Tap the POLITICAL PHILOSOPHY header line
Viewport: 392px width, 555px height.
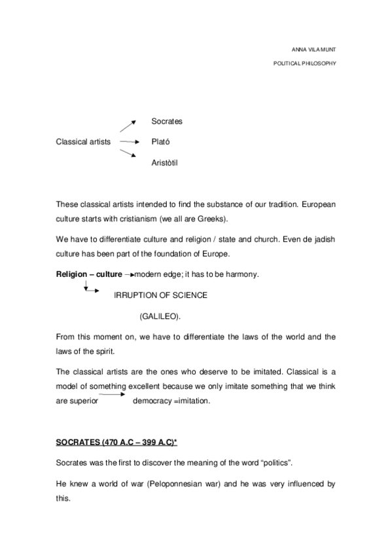[304, 65]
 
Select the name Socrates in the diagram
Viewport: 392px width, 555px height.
[166, 122]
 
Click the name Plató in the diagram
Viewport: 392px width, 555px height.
[160, 141]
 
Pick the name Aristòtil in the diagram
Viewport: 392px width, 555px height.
[164, 161]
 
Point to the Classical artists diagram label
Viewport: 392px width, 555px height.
[83, 141]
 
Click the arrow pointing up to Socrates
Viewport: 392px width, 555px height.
[128, 126]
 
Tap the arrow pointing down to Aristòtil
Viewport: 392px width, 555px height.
[128, 153]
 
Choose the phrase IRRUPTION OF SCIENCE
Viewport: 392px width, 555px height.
[160, 295]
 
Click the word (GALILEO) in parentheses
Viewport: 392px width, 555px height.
[160, 316]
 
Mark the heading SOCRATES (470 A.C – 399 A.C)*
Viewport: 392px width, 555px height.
[116, 443]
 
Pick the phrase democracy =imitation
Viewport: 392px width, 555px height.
[171, 401]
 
